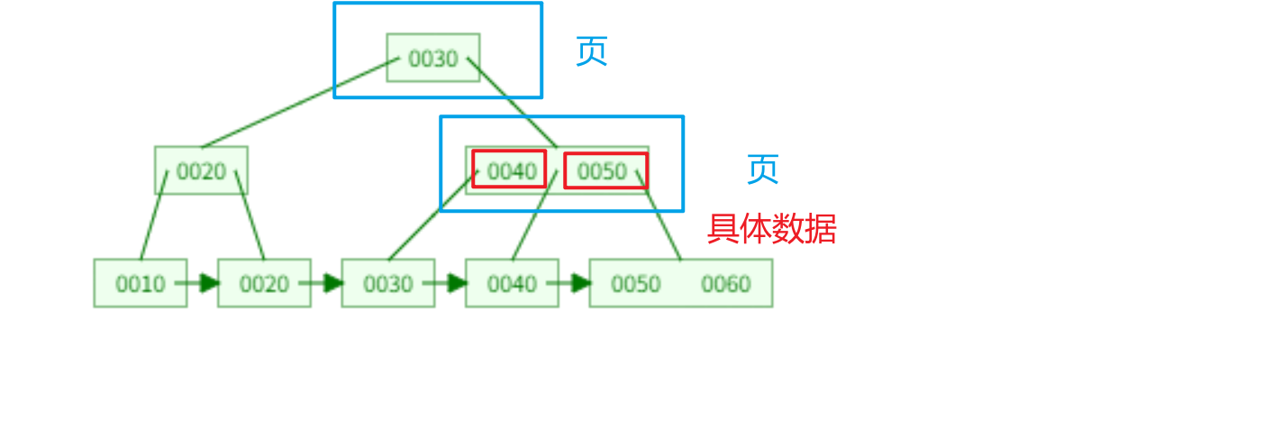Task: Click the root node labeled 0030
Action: tap(432, 59)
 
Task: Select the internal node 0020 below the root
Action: tap(201, 171)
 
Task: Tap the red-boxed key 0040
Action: tap(510, 169)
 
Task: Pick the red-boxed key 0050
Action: tap(605, 170)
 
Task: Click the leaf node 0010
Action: tap(141, 284)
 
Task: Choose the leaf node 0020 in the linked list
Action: tap(264, 284)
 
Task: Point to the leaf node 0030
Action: tap(387, 284)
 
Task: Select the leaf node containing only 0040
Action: tap(512, 284)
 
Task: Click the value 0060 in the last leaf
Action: tap(726, 284)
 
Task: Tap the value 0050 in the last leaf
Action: tap(636, 284)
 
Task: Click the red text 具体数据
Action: tap(771, 229)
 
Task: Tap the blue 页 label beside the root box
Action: tap(591, 51)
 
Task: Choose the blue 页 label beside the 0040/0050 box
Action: tap(762, 169)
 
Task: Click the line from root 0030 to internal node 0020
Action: tap(300, 102)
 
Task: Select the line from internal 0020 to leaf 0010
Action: tap(153, 216)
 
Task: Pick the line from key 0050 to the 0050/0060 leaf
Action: tap(659, 217)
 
